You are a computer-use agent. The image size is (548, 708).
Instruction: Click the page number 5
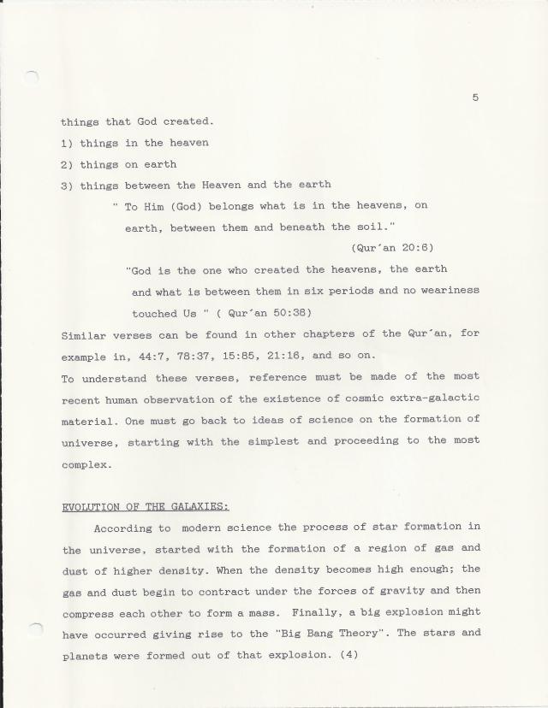tap(474, 97)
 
